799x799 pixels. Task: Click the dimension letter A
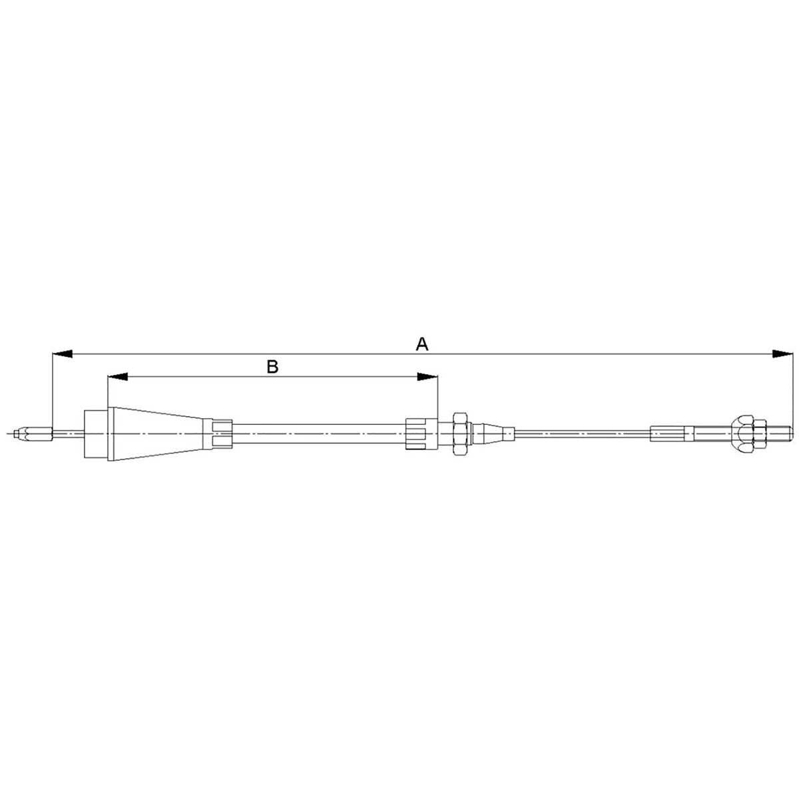[421, 344]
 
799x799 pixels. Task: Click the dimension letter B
[272, 366]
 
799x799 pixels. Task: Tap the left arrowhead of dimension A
[63, 354]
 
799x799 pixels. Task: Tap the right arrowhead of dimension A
[782, 354]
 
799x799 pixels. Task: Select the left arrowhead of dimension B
[117, 376]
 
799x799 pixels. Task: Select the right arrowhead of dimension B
[427, 376]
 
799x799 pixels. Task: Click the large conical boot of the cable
[156, 433]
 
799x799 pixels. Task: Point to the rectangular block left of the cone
[96, 433]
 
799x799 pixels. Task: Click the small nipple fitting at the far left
[33, 434]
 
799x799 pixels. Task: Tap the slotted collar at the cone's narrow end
[218, 433]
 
